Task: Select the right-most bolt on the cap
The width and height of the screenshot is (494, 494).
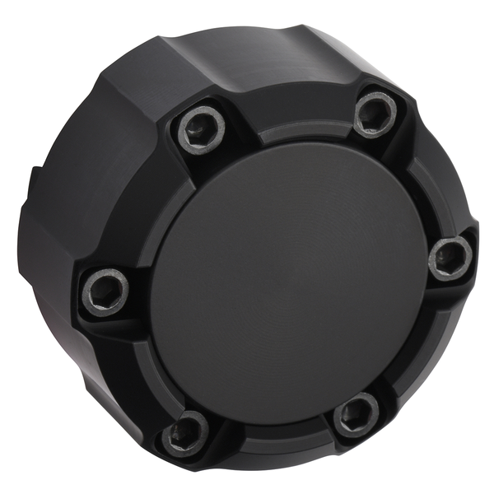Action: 451,258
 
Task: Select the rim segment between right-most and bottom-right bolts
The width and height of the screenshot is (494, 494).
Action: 420,346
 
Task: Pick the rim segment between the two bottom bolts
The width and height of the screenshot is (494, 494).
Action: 272,440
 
